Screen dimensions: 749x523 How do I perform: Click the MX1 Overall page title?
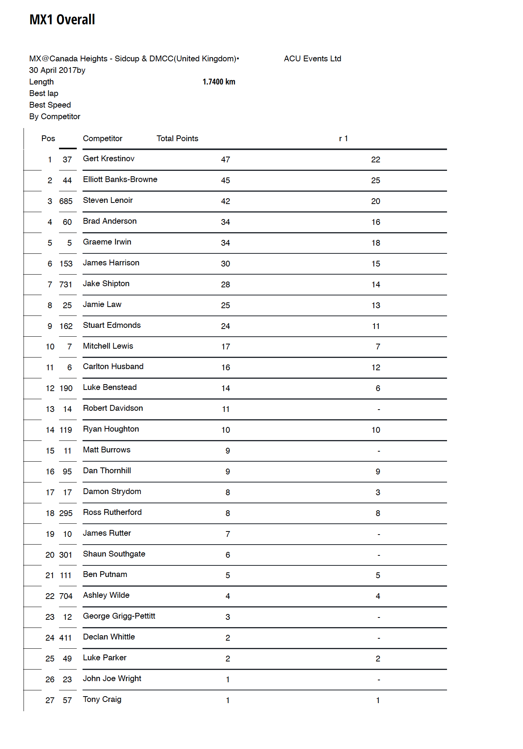point(62,20)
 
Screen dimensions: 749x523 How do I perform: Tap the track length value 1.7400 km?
point(219,82)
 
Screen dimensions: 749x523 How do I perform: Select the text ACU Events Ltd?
point(312,59)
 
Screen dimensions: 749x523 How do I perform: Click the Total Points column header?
point(177,138)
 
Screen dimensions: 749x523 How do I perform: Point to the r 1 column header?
point(343,138)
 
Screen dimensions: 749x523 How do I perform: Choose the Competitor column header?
point(102,138)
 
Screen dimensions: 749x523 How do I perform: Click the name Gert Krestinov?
point(108,159)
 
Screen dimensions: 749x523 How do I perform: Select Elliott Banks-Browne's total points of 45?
point(225,181)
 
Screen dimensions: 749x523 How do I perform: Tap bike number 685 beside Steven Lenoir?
point(66,201)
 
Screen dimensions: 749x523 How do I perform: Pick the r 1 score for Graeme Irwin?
point(376,243)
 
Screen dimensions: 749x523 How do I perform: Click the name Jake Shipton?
point(106,283)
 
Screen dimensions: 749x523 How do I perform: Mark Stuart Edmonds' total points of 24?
point(225,326)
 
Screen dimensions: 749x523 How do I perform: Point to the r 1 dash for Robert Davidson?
point(378,409)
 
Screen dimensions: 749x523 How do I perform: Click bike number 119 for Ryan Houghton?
point(66,430)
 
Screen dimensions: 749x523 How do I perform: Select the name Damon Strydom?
point(112,491)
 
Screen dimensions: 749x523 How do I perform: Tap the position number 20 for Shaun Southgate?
point(50,555)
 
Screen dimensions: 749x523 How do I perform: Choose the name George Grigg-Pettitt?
point(119,616)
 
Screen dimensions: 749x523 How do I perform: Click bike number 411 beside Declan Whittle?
point(66,638)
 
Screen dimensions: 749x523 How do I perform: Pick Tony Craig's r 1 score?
point(378,700)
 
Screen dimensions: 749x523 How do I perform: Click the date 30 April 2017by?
point(57,70)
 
